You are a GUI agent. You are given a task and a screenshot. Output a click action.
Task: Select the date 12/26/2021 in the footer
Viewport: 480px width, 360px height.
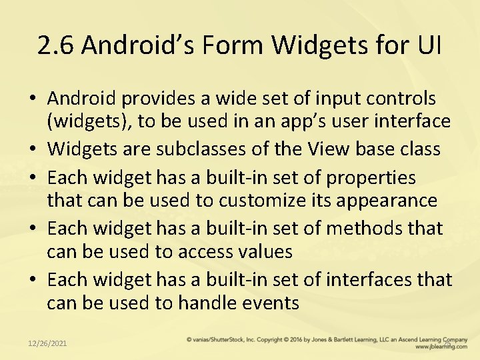pos(47,343)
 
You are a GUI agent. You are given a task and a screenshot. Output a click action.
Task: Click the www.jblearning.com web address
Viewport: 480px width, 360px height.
pos(440,347)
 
